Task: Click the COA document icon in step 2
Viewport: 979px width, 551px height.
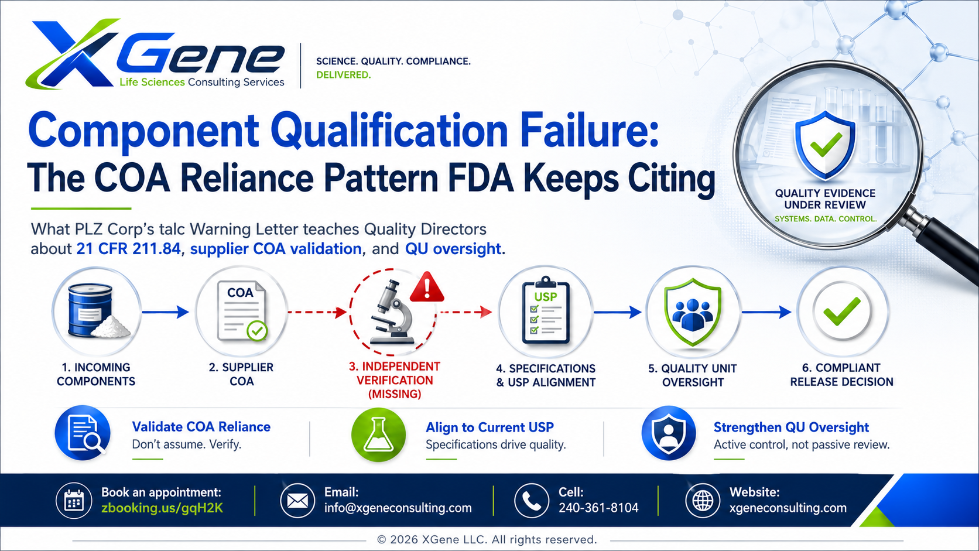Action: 242,311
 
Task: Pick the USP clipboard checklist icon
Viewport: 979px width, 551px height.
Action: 546,311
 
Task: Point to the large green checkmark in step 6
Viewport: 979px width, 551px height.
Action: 842,311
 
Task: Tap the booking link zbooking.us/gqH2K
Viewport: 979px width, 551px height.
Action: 162,508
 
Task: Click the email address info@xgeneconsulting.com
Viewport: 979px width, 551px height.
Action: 398,508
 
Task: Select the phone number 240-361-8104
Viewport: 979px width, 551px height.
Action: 598,508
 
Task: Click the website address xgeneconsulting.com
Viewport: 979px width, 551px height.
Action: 788,508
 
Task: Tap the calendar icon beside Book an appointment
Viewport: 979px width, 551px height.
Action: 74,500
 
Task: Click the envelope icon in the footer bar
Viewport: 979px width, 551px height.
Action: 297,500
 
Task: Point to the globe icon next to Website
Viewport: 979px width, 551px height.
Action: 703,500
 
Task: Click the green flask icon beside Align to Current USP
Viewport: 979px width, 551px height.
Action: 378,435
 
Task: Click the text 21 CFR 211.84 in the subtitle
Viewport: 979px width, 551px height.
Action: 128,249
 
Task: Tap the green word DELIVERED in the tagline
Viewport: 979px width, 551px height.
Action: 343,75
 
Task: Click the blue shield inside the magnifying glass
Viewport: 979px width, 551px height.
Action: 825,145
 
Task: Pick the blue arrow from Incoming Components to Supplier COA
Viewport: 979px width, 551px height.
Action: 165,312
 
